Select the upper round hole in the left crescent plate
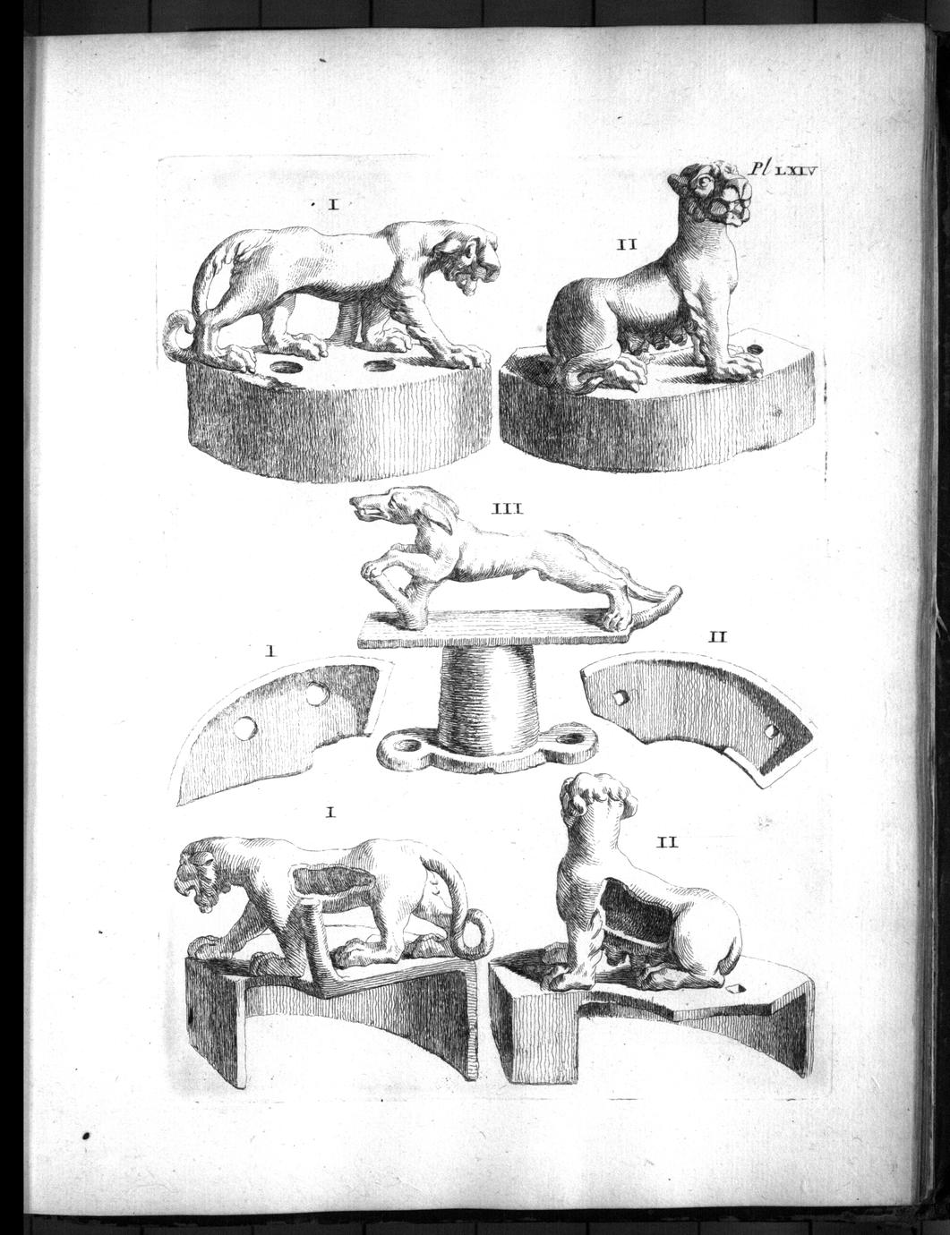pos(313,693)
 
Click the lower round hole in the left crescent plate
pos(245,729)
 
